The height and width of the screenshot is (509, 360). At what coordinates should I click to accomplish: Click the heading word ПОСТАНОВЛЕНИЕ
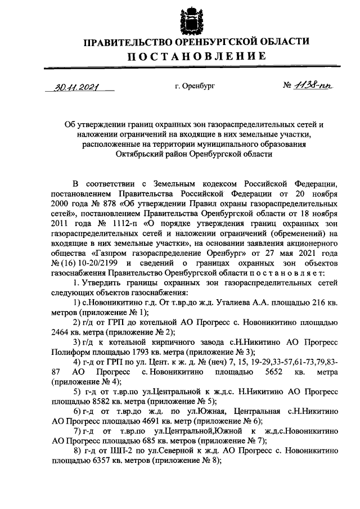click(x=196, y=56)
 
